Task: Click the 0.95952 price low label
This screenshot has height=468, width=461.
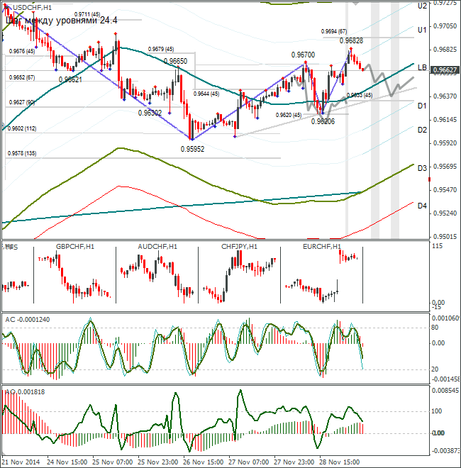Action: pyautogui.click(x=192, y=149)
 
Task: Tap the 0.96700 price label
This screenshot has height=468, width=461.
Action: pyautogui.click(x=303, y=55)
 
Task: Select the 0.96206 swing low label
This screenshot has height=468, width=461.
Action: pyautogui.click(x=323, y=121)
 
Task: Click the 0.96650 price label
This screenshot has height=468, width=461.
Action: pyautogui.click(x=175, y=61)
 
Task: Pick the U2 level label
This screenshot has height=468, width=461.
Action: pyautogui.click(x=421, y=6)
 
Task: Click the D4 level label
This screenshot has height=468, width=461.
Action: pyautogui.click(x=421, y=206)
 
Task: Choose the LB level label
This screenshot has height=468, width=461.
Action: pyautogui.click(x=421, y=68)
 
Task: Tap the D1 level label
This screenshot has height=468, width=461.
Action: pyautogui.click(x=421, y=106)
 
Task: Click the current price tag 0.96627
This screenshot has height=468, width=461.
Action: pyautogui.click(x=444, y=70)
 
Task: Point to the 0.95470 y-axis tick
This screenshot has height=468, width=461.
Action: pyautogui.click(x=444, y=190)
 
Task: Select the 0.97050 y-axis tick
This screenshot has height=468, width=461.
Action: pyautogui.click(x=444, y=26)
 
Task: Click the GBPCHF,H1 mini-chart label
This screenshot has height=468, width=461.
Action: pyautogui.click(x=74, y=247)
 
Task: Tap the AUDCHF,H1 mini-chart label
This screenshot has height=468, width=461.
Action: pyautogui.click(x=157, y=247)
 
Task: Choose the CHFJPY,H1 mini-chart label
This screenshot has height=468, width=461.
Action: pyautogui.click(x=240, y=247)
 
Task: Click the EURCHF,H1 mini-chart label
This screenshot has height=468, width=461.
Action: pyautogui.click(x=322, y=247)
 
